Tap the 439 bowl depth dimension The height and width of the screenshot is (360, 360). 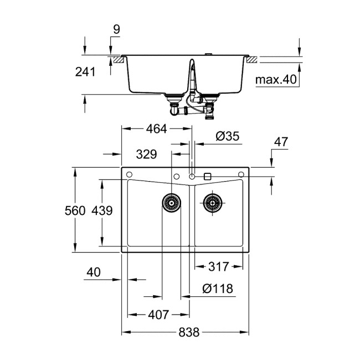pos(102,210)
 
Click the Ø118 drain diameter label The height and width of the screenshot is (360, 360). pos(217,289)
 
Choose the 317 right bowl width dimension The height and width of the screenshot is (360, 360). pos(219,267)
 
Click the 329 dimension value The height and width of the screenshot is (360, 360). pos(146,154)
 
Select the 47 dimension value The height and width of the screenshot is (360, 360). pos(281,141)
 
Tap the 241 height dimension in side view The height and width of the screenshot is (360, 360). pos(86,71)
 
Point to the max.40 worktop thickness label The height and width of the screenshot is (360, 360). pos(276,80)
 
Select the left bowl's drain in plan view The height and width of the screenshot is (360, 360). pos(172,202)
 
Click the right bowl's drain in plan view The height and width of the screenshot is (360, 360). pos(212,202)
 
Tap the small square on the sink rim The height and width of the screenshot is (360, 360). pos(207,176)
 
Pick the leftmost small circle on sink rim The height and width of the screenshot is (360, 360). pos(129,176)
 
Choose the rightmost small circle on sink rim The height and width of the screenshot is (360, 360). pos(241,176)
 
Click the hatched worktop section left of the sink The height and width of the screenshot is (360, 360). pos(116,58)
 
